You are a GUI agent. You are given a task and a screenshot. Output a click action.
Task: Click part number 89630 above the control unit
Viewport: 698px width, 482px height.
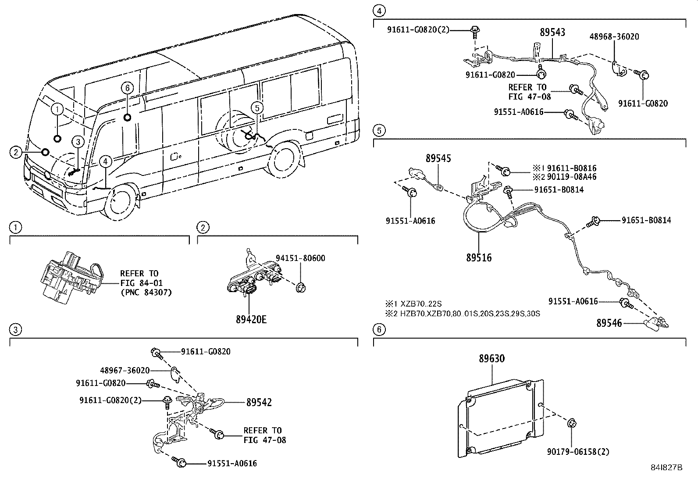tap(491, 359)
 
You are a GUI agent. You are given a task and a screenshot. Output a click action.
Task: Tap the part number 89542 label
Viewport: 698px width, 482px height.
tap(259, 402)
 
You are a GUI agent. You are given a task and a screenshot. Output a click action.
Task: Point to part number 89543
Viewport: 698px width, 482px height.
tap(552, 32)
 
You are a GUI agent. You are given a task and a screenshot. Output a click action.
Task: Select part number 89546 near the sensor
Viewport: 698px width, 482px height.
tap(609, 324)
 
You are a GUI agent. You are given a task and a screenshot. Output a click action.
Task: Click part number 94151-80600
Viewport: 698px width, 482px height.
tap(300, 258)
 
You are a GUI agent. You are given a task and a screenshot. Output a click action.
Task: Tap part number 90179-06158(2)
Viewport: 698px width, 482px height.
tap(578, 451)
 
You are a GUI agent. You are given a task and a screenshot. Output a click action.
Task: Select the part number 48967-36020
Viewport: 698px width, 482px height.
tap(125, 370)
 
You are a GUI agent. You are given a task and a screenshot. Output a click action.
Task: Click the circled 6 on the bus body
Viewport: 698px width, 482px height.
tap(127, 88)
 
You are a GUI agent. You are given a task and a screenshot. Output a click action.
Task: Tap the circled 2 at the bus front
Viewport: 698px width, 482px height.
tap(16, 152)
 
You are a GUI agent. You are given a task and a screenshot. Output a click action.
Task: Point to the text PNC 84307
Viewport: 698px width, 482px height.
tap(146, 292)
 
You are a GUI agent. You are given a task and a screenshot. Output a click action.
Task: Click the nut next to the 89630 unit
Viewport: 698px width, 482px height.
tap(572, 423)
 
